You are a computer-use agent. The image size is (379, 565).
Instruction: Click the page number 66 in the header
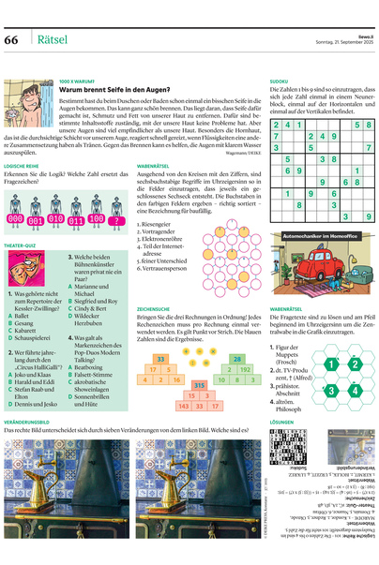click(x=13, y=39)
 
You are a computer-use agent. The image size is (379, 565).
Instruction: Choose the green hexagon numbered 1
click(x=330, y=364)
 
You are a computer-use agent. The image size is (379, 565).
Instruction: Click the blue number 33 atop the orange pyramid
click(x=161, y=359)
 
